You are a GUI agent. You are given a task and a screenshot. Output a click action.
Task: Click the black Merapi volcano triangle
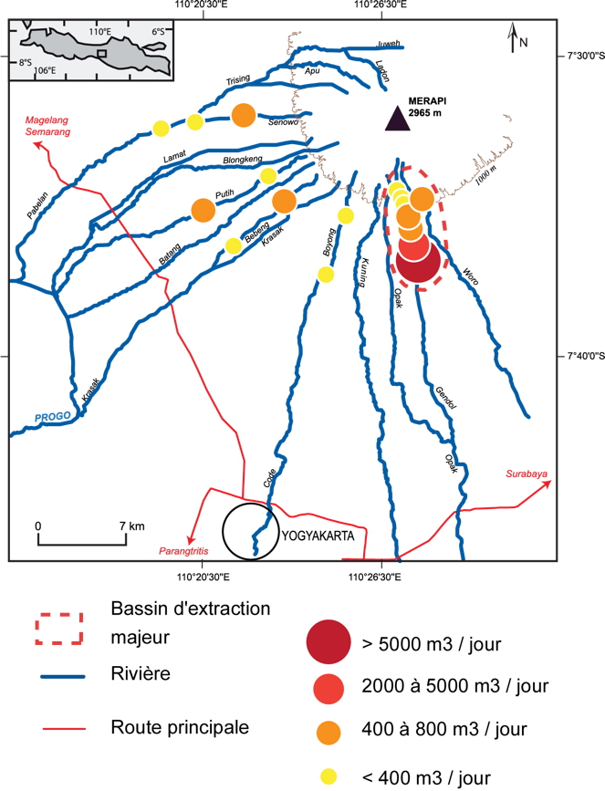[396, 119]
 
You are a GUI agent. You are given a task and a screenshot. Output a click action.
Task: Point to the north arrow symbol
[513, 38]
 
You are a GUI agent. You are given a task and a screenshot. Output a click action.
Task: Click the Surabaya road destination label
[527, 474]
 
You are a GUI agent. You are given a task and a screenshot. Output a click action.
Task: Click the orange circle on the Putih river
[203, 210]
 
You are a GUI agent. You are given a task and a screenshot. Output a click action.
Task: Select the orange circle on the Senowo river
[243, 115]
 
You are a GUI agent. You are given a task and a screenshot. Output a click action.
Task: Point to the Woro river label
[470, 275]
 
